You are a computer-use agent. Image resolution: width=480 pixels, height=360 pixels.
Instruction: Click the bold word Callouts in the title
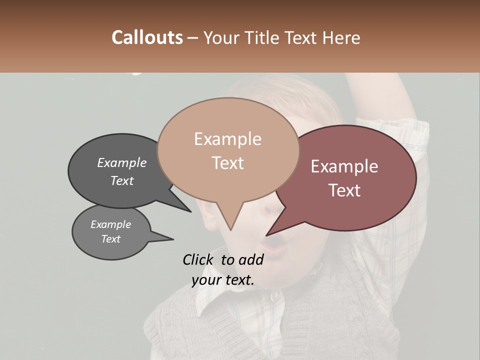pyautogui.click(x=147, y=37)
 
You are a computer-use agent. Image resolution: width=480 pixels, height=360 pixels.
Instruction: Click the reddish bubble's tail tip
pyautogui.click(x=266, y=235)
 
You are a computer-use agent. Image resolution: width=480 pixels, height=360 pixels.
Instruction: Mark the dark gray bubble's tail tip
pyautogui.click(x=190, y=211)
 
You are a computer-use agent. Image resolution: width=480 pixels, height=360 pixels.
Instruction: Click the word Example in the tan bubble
pyautogui.click(x=227, y=139)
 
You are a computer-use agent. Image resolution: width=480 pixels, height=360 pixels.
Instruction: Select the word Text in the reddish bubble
pyautogui.click(x=344, y=190)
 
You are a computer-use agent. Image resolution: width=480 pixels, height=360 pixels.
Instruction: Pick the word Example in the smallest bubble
pyautogui.click(x=110, y=224)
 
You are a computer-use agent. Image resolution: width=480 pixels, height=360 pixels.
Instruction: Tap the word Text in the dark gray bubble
pyautogui.click(x=122, y=181)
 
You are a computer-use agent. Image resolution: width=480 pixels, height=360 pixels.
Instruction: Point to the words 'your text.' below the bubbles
pyautogui.click(x=223, y=280)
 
